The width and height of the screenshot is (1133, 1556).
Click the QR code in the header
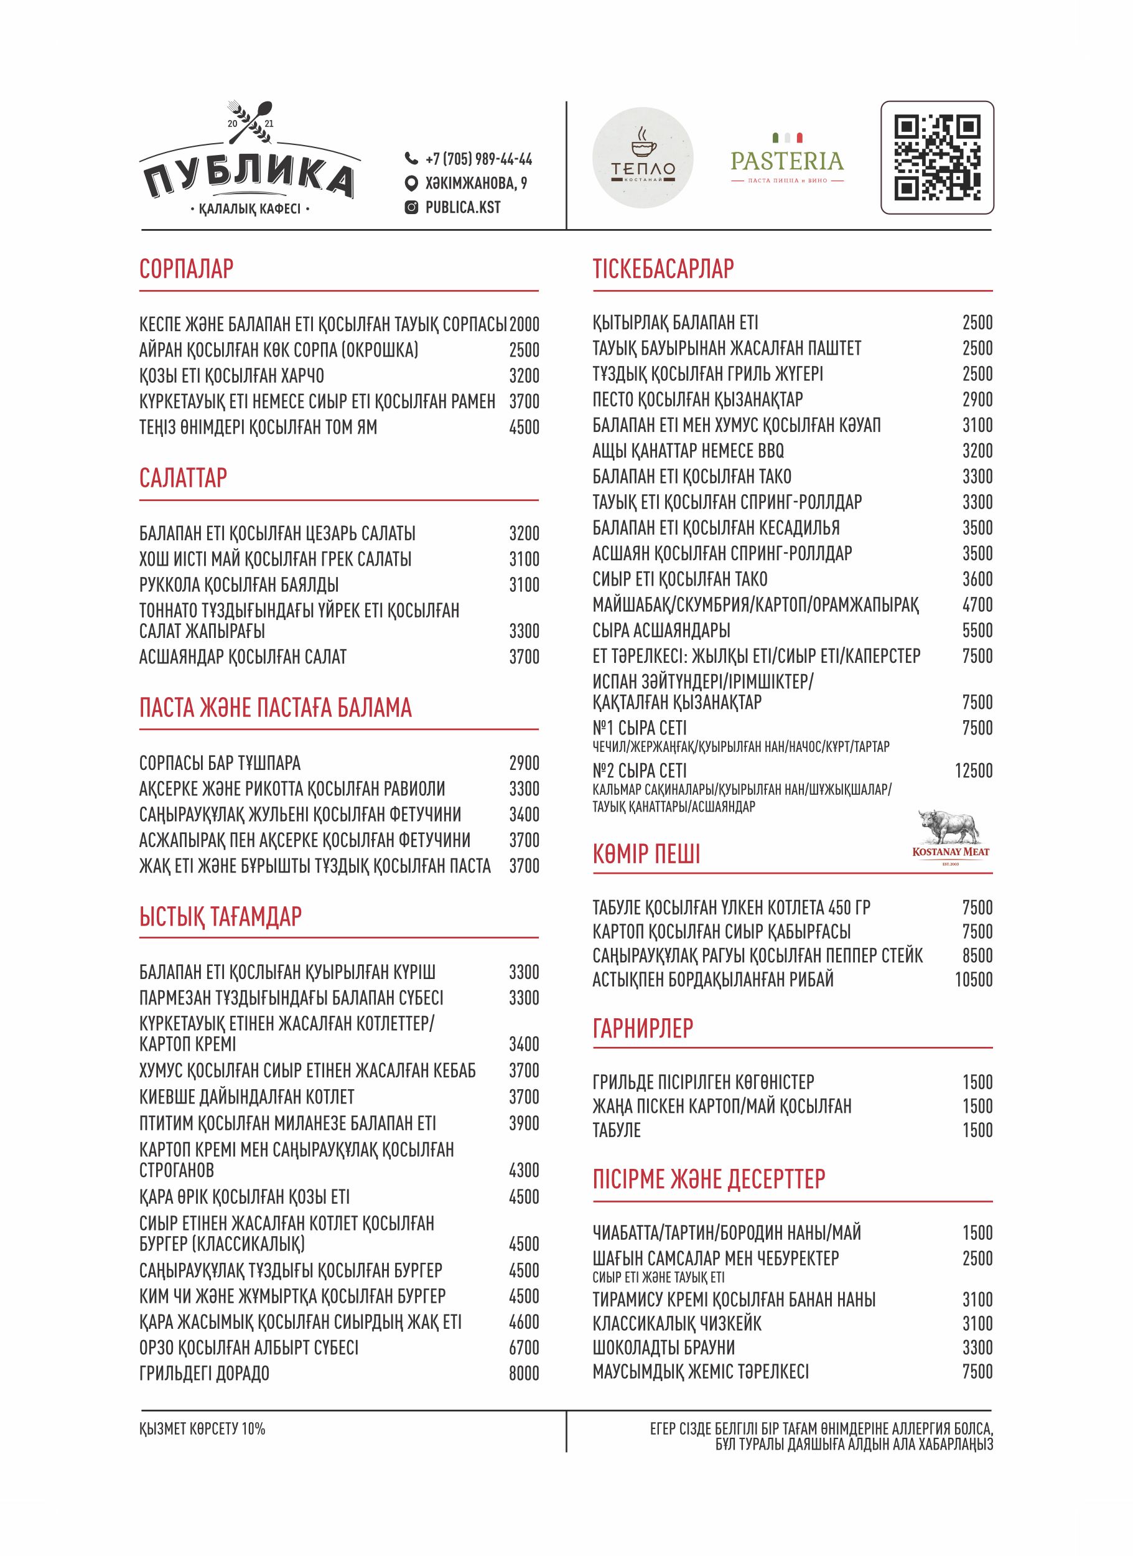click(937, 158)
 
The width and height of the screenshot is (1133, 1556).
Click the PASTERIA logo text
click(786, 161)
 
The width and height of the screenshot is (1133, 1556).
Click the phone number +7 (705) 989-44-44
click(478, 159)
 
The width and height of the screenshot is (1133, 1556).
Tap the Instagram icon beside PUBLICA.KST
click(411, 207)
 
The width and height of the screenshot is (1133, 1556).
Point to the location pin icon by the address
click(411, 183)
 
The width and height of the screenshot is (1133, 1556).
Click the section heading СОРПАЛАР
click(187, 268)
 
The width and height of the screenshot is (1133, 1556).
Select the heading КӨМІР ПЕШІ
click(646, 855)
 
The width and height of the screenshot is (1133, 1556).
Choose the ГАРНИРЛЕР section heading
click(643, 1028)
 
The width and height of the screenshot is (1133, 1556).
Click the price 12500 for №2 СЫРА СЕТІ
click(973, 771)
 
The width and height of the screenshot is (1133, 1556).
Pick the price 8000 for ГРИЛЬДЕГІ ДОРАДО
click(523, 1374)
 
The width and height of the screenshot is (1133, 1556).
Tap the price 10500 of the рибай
click(973, 980)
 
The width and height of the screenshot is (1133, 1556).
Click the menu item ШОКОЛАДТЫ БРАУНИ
click(663, 1347)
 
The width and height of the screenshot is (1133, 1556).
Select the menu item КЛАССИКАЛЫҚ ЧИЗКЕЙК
click(677, 1323)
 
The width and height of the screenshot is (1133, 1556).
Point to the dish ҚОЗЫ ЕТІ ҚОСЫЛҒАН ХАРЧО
click(232, 376)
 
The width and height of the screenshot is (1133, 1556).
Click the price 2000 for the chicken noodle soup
click(524, 324)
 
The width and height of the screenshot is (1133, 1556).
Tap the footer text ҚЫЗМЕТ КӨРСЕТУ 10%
click(202, 1429)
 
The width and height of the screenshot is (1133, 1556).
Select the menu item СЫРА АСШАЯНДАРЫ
click(661, 630)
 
